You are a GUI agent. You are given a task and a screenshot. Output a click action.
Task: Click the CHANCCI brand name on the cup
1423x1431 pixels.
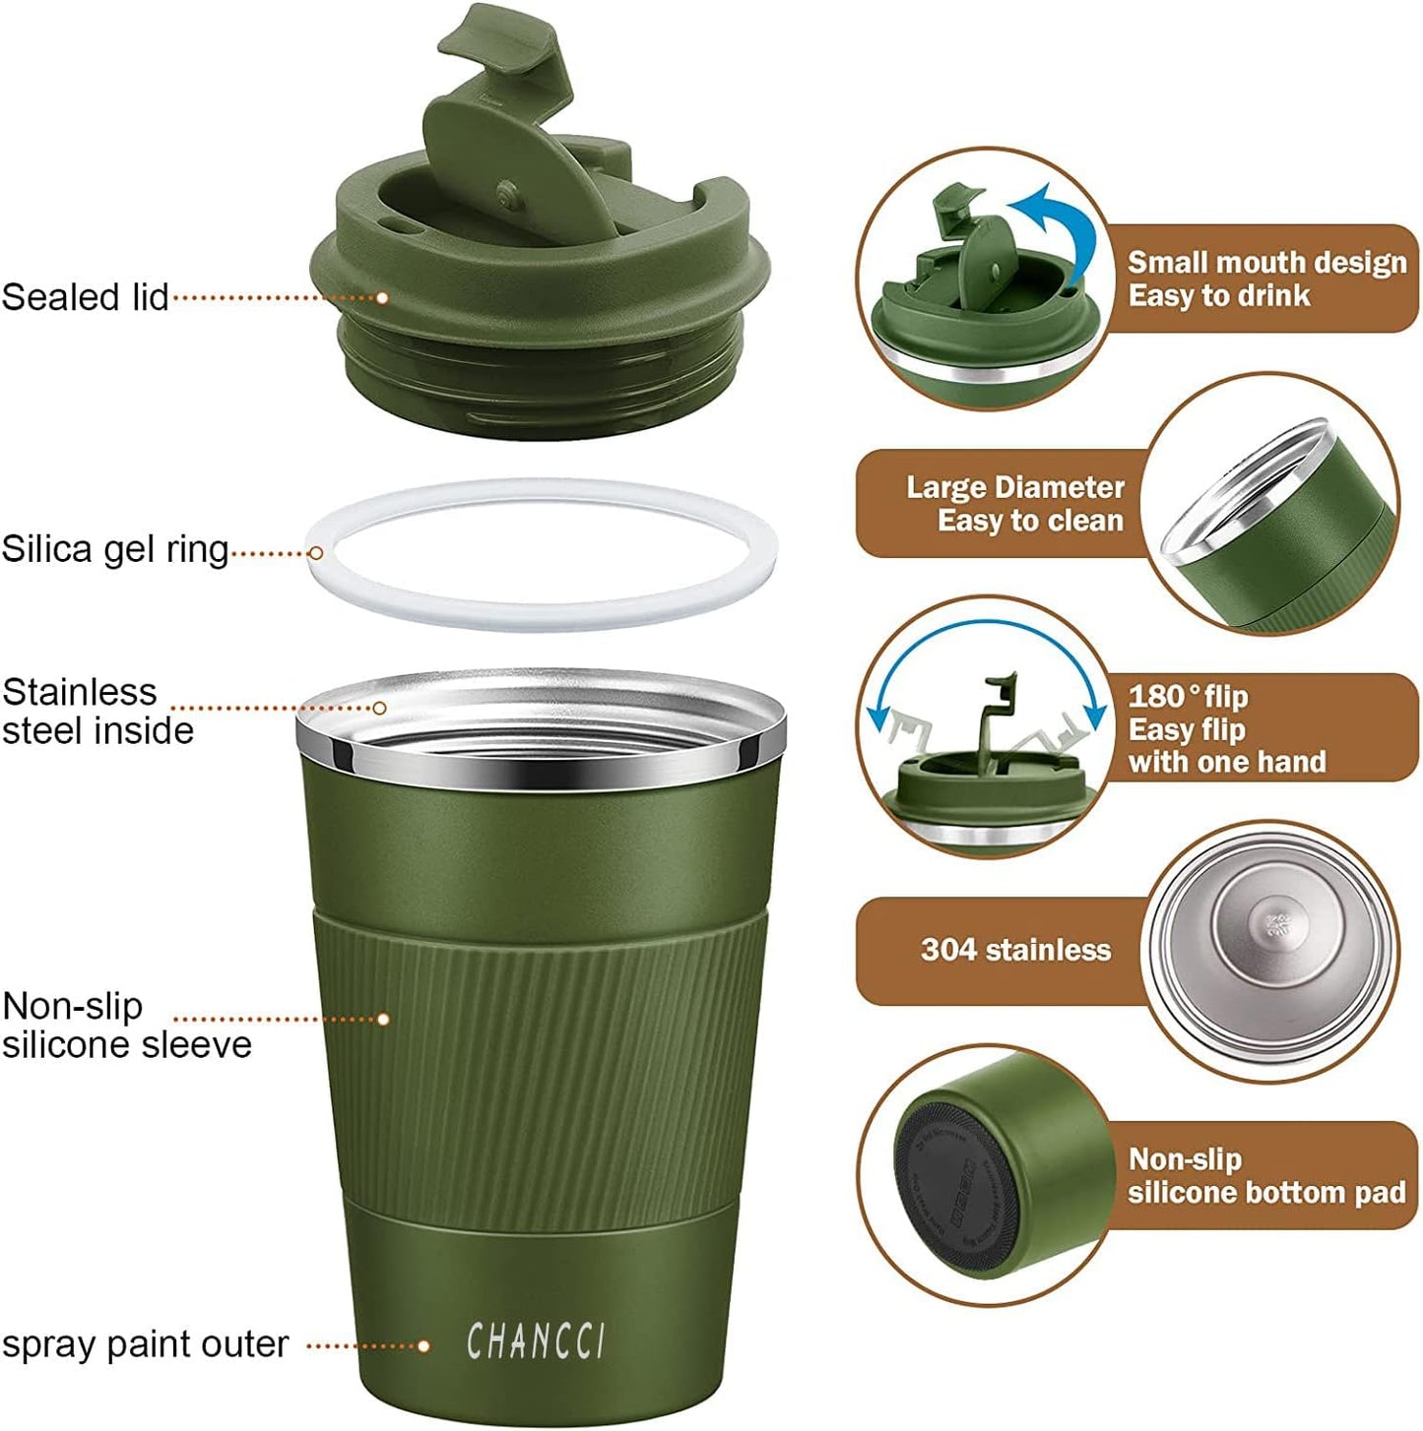click(536, 1341)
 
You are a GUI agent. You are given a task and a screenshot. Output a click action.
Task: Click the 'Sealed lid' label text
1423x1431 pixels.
click(86, 297)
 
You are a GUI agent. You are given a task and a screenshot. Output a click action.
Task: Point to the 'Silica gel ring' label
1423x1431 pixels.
click(115, 549)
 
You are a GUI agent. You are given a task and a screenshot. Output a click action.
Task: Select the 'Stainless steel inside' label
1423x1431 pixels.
click(97, 711)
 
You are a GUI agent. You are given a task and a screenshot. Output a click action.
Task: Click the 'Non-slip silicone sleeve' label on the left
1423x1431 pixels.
click(125, 1025)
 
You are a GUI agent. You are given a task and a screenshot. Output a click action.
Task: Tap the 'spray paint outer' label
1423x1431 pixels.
click(145, 1344)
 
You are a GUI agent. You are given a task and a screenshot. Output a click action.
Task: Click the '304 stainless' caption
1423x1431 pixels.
click(1015, 950)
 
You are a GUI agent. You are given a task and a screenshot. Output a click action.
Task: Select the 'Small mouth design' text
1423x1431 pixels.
click(1266, 263)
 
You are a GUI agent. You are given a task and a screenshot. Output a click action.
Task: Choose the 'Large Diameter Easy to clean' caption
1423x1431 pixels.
click(1014, 503)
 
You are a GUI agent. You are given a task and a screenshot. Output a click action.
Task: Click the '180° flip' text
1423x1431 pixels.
click(1188, 697)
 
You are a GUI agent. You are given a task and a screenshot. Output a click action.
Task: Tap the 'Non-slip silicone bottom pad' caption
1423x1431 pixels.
click(1266, 1176)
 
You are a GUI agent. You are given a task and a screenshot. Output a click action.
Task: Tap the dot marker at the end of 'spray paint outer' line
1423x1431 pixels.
click(423, 1346)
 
